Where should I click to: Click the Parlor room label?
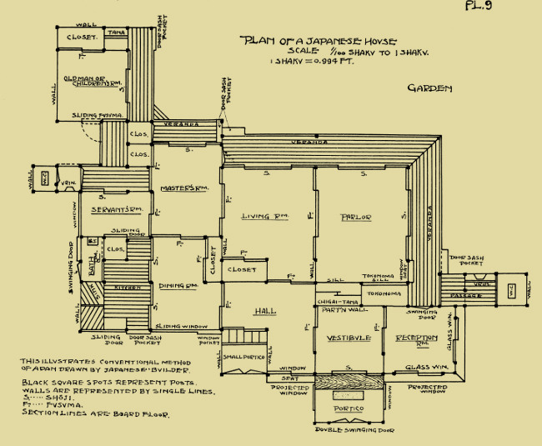coord(356,218)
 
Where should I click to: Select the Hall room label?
coord(264,310)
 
